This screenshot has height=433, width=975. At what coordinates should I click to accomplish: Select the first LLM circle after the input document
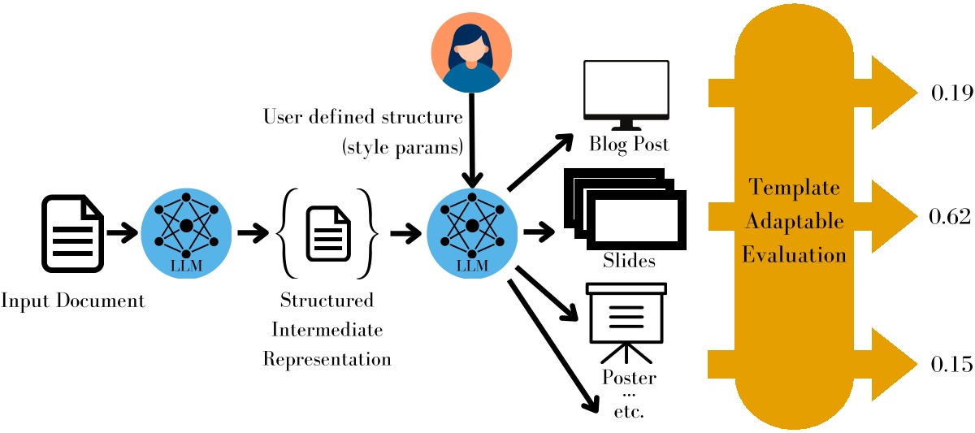coord(185,232)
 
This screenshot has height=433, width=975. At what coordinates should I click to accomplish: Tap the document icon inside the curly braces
coord(327,234)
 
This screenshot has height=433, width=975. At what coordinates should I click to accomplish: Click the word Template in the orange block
coord(793,188)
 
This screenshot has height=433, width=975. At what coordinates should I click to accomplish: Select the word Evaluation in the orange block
coord(793,255)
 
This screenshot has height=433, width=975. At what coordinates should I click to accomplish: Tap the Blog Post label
coord(629,145)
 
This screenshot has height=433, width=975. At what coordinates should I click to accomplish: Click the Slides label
coord(629,262)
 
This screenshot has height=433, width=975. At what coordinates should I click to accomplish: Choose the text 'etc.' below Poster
coord(629,411)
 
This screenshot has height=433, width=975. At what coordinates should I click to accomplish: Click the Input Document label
coord(72,301)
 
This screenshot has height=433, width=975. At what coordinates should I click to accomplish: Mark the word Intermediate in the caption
coord(327,330)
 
